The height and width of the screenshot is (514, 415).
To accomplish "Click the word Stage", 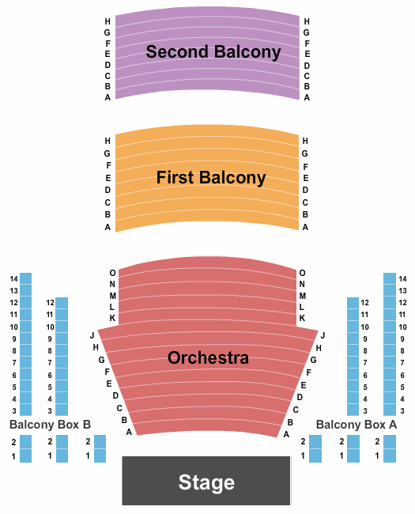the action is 206,482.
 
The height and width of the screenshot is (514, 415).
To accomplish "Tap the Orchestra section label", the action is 208,357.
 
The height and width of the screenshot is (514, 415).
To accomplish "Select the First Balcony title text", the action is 211,178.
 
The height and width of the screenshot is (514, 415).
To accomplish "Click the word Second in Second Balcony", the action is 177,51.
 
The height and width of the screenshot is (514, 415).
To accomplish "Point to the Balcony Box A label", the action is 357,425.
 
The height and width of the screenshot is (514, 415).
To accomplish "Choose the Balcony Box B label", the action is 50,425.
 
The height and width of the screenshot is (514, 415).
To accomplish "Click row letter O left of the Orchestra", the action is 112,273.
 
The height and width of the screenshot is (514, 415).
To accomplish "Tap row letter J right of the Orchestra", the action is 323,335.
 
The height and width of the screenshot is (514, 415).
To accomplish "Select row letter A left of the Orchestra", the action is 129,433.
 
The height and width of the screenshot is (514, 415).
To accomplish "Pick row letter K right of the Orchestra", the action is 302,318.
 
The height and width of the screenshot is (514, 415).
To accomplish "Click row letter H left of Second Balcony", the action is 108,21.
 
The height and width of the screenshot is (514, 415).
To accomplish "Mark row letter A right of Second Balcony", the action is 307,97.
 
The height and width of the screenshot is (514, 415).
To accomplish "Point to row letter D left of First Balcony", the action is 108,190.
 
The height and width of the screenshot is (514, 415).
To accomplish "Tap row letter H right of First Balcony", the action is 305,141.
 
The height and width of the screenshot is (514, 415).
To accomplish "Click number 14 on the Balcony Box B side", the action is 13,279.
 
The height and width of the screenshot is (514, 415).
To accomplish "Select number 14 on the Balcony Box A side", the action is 403,279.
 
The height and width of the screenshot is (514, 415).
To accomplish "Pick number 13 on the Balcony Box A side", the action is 403,291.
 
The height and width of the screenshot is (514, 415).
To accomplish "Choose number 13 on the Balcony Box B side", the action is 13,291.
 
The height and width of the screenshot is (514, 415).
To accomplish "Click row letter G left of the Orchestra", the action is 102,360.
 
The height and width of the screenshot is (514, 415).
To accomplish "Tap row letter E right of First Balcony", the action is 305,178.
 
